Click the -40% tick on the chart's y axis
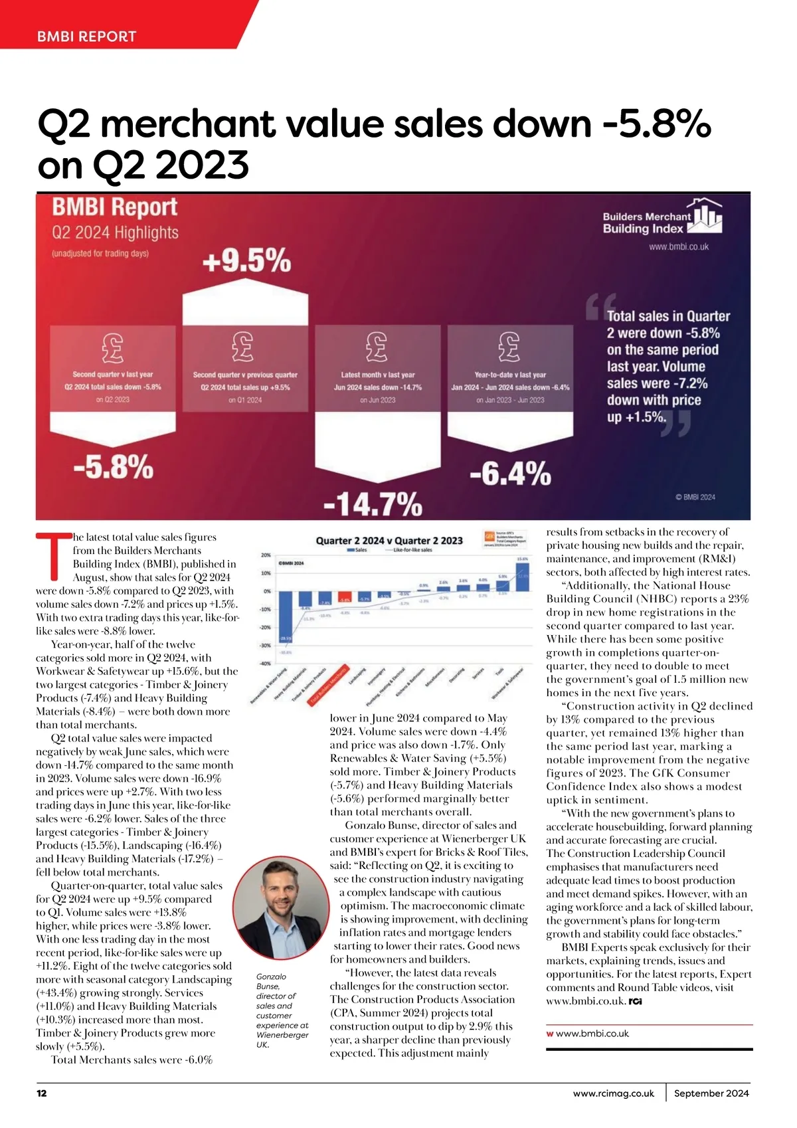click(x=265, y=664)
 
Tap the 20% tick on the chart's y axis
click(x=265, y=555)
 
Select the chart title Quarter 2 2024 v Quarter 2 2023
click(x=389, y=540)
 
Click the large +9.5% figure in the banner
click(x=246, y=260)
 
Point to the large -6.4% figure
click(x=510, y=474)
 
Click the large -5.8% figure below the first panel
click(x=113, y=466)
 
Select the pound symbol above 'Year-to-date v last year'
click(x=509, y=346)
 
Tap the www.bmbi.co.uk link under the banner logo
click(x=679, y=246)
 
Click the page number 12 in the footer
click(x=42, y=1093)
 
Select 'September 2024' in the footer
click(x=711, y=1093)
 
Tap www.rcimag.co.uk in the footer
click(x=613, y=1093)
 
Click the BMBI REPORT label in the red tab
click(x=86, y=37)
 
